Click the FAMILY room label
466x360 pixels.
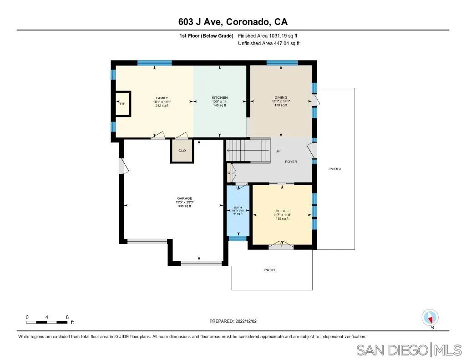point(162,98)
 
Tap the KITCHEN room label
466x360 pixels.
point(219,98)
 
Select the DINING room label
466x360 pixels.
point(281,97)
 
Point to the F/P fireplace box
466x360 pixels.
point(122,104)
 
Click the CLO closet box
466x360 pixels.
point(182,151)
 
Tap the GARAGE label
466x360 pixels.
point(184,198)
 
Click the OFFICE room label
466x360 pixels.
point(282,211)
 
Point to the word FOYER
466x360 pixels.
point(291,162)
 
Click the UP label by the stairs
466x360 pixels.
point(278,151)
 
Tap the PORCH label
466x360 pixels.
point(335,169)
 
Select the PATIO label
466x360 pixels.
point(269,270)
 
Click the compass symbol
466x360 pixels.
point(430,317)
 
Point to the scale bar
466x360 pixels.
point(48,322)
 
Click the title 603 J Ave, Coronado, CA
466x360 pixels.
point(233,22)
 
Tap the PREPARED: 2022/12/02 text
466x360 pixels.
point(233,321)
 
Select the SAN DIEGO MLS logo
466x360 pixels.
point(408,350)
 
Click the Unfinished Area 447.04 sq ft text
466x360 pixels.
point(268,44)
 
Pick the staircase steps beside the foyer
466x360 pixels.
point(248,150)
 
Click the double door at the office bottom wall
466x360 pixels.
point(281,246)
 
